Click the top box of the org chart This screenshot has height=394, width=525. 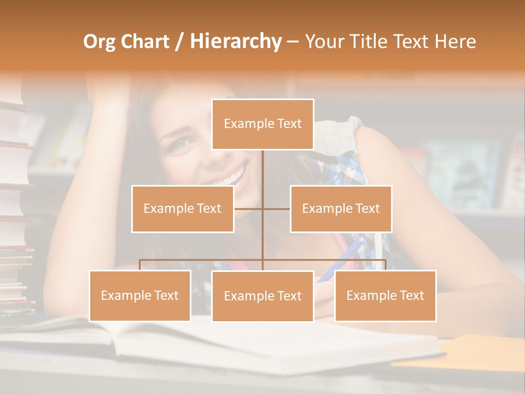(262, 124)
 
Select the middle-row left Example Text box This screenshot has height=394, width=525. (183, 208)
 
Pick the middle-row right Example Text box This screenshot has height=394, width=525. (341, 208)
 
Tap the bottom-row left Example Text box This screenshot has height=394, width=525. (140, 296)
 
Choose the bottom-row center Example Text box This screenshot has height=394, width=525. (262, 296)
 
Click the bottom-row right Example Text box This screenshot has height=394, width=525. (385, 296)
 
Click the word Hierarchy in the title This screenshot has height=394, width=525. (236, 42)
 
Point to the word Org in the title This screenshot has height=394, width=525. (99, 42)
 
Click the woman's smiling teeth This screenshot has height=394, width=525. (229, 178)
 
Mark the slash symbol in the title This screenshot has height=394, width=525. (179, 42)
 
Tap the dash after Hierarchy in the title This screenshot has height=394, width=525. (293, 42)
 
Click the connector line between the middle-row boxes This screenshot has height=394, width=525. (262, 208)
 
